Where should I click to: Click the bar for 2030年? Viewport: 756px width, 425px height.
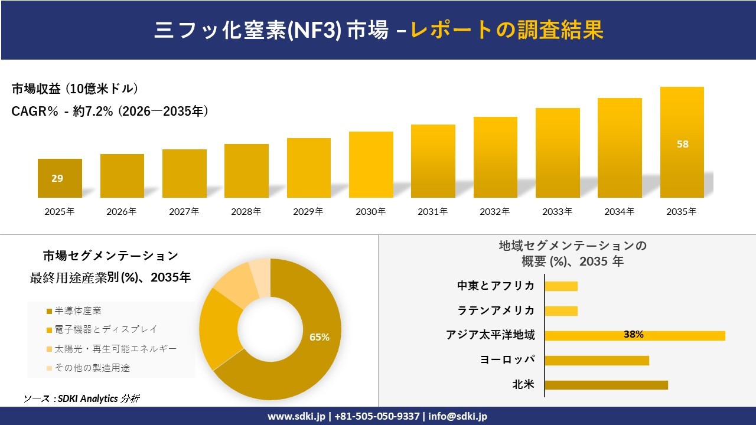[x=371, y=165]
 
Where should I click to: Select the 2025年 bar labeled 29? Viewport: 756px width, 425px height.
[x=60, y=178]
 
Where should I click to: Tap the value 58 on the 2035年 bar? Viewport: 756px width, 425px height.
[x=682, y=144]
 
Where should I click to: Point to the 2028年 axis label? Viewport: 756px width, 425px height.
[x=246, y=211]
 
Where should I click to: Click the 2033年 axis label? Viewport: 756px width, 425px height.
[x=558, y=211]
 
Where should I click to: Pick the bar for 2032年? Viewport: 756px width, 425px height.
[x=495, y=158]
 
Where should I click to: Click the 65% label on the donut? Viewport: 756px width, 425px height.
[x=320, y=337]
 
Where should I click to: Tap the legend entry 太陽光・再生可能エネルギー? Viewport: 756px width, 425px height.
[x=115, y=349]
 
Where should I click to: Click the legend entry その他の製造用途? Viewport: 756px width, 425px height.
[x=92, y=368]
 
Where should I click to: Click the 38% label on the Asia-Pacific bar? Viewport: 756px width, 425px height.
[x=633, y=335]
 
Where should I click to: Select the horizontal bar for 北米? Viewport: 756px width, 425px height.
[x=606, y=385]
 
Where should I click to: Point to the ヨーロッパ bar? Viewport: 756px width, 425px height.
[x=597, y=360]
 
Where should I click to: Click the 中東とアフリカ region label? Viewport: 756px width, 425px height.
[x=496, y=286]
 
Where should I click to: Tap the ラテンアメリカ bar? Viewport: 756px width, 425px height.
[x=561, y=310]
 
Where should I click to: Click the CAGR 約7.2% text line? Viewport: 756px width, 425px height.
[x=110, y=111]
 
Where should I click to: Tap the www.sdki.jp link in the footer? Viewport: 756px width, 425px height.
[x=296, y=416]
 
